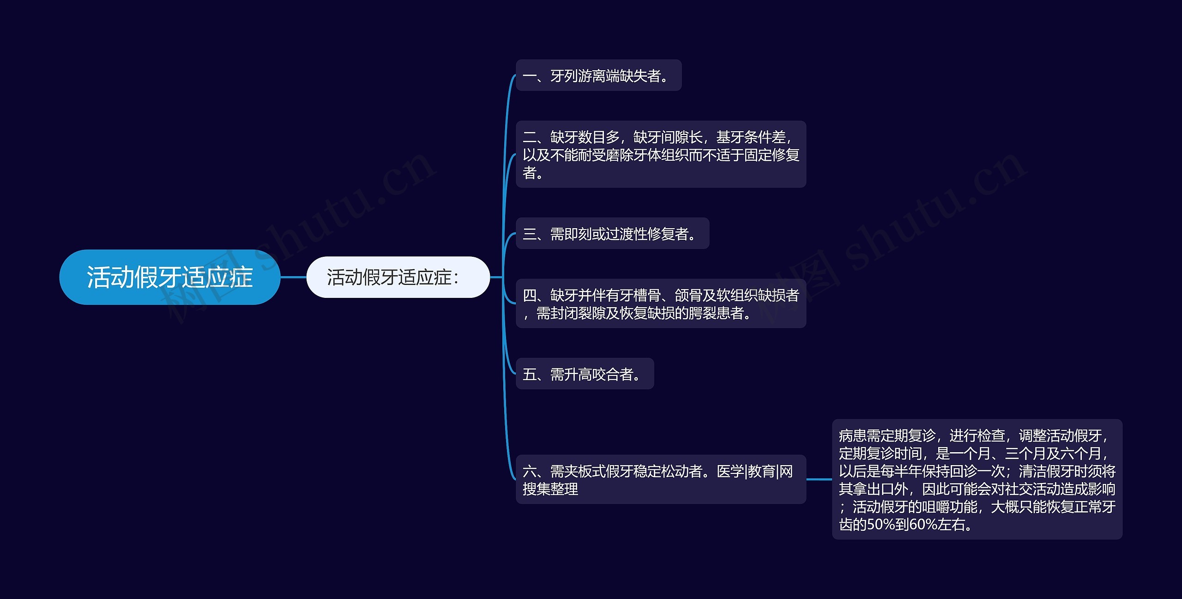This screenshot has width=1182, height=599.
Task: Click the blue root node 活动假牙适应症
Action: click(169, 277)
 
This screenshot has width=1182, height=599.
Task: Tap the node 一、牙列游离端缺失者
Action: click(598, 75)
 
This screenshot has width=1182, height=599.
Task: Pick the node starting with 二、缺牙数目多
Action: click(660, 154)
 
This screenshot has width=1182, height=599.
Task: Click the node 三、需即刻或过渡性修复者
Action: click(612, 234)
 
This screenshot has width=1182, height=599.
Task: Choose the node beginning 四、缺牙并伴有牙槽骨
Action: click(660, 303)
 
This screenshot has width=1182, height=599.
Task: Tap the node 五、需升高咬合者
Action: click(584, 374)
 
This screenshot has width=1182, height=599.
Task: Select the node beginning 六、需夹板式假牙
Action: click(660, 479)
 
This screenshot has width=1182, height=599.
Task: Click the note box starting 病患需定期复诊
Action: click(977, 479)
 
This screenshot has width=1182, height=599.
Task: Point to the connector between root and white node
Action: click(293, 277)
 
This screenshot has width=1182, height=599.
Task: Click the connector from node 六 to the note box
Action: click(819, 479)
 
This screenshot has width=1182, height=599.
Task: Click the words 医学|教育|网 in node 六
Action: click(754, 471)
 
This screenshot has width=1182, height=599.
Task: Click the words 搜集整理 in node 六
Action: click(550, 489)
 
